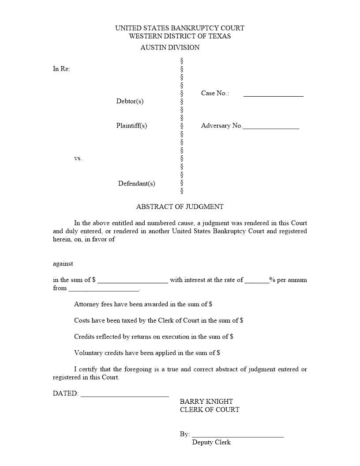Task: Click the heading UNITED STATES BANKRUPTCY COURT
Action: click(180, 28)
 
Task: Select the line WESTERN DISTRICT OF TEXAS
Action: click(180, 36)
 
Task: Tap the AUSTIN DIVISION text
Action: click(170, 48)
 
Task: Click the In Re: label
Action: click(61, 69)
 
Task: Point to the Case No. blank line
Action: click(273, 94)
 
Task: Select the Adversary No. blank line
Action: click(271, 127)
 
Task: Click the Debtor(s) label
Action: click(130, 101)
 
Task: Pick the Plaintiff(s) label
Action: click(131, 126)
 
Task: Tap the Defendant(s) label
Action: click(136, 184)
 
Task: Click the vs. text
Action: click(78, 158)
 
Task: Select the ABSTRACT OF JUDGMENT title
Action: click(180, 207)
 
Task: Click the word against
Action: click(63, 264)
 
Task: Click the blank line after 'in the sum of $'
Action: click(132, 281)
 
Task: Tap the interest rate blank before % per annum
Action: click(257, 281)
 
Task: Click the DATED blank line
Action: click(124, 395)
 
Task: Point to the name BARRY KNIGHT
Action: click(206, 402)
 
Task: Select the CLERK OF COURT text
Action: click(210, 410)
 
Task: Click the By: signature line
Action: click(238, 436)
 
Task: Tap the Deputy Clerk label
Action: click(211, 443)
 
